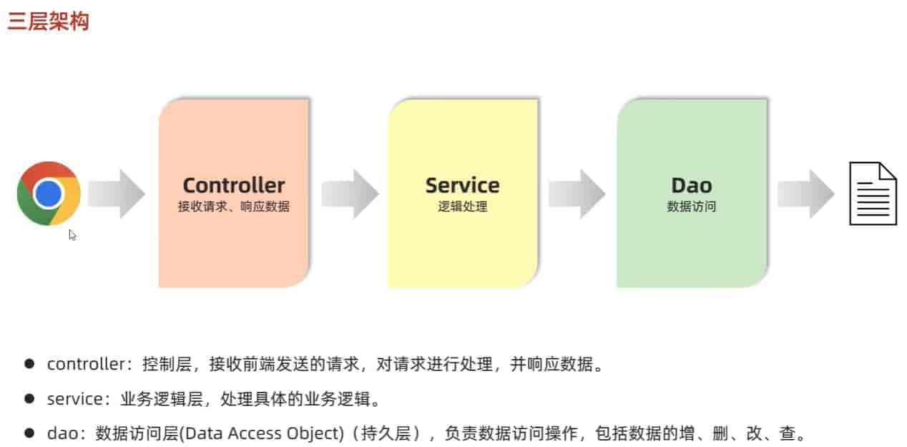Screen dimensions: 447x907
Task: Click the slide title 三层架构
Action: tap(49, 21)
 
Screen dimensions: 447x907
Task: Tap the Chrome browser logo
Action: tap(49, 193)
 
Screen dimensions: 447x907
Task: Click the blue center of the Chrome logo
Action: tap(49, 193)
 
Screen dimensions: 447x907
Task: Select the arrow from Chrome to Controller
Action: tap(116, 193)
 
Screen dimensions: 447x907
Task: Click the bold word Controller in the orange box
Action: tap(233, 186)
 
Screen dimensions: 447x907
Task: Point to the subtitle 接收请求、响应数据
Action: tap(233, 207)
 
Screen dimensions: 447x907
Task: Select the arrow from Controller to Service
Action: tap(350, 193)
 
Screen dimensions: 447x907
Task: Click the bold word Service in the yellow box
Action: tap(462, 186)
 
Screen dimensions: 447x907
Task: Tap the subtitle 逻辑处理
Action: tap(462, 207)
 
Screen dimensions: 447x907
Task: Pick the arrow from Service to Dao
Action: tap(577, 193)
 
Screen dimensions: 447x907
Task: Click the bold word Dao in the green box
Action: tap(691, 186)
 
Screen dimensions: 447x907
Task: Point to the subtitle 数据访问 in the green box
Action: tap(691, 207)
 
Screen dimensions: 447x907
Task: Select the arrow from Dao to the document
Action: tap(806, 193)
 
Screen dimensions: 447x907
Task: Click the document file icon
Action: tap(872, 193)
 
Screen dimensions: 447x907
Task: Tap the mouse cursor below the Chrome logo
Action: tap(72, 234)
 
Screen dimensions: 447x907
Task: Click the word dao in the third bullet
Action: tap(61, 433)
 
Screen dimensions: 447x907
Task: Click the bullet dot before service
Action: tap(29, 398)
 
